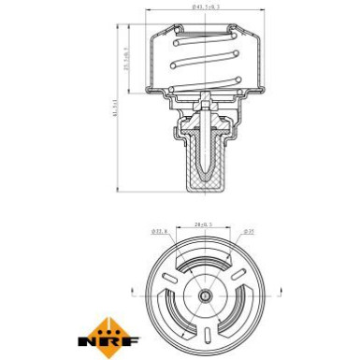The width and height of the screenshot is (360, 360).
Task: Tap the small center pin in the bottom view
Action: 204,295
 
